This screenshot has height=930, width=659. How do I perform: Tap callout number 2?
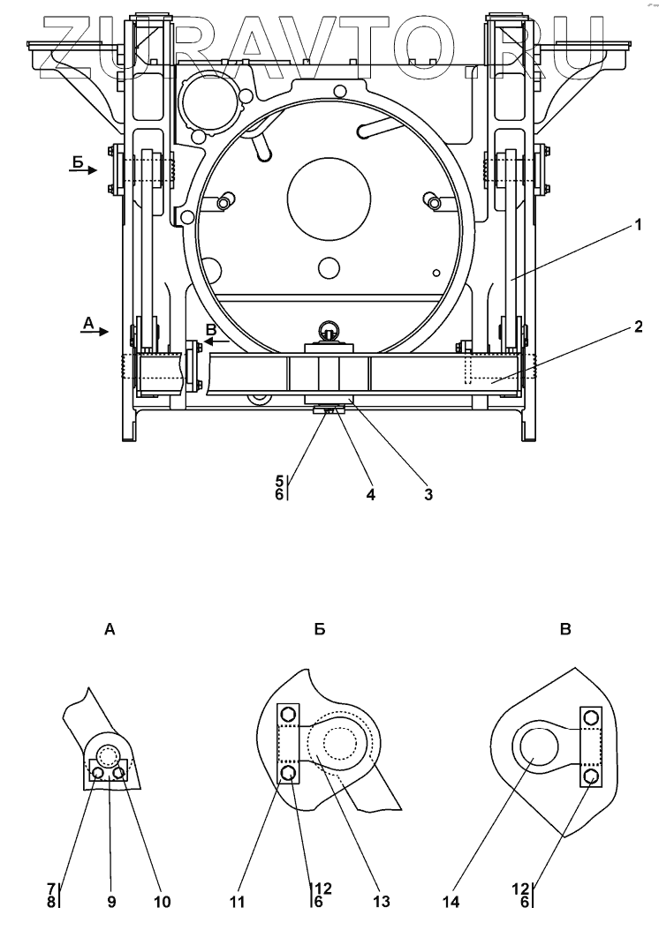pyautogui.click(x=636, y=325)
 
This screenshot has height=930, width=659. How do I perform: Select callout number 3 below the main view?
pyautogui.click(x=428, y=494)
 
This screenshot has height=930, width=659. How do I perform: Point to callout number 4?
pyautogui.click(x=371, y=494)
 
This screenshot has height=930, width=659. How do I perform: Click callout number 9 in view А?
pyautogui.click(x=111, y=902)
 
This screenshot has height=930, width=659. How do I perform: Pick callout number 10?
pyautogui.click(x=163, y=902)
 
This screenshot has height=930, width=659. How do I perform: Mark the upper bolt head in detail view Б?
pyautogui.click(x=288, y=714)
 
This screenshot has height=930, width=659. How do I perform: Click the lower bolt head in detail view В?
pyautogui.click(x=591, y=776)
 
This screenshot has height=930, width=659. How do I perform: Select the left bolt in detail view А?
pyautogui.click(x=98, y=774)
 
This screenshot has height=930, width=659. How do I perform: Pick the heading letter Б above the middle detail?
pyautogui.click(x=320, y=630)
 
